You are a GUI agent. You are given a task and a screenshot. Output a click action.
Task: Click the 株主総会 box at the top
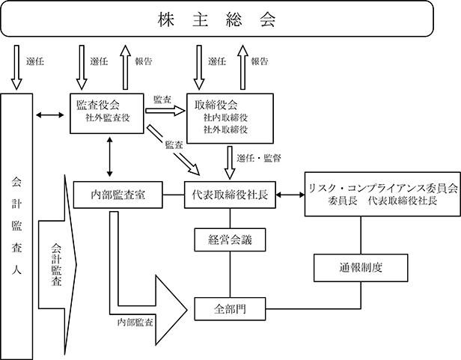coord(217,19)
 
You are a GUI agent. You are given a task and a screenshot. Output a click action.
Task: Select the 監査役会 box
coord(107,113)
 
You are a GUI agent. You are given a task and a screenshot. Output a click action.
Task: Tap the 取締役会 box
coord(230,118)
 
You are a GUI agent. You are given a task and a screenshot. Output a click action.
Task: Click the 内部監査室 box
coord(117,195)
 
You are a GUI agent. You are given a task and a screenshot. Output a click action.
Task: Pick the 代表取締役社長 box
coord(230,195)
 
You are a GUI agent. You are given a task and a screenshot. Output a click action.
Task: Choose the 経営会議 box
coord(230,240)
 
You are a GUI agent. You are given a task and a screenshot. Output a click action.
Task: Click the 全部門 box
coord(230,309)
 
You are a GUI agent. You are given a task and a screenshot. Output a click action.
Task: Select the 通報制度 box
coord(361,268)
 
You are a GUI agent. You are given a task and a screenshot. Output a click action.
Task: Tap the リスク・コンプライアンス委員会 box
coord(382,194)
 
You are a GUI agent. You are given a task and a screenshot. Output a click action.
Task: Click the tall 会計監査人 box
coord(16,227)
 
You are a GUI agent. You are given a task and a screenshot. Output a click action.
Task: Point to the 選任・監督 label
coord(259,159)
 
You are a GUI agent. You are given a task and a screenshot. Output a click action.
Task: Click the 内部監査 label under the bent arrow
coord(135,323)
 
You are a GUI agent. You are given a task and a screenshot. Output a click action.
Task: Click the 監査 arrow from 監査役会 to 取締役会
coord(165,111)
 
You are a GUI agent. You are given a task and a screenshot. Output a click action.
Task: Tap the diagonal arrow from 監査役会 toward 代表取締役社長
coord(174,150)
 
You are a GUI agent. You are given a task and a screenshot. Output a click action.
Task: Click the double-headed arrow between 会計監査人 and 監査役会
coord(49,115)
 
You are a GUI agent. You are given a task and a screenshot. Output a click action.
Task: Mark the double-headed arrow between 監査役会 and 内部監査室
coord(110,156)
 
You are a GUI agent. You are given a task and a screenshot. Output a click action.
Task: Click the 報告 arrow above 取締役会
coord(242,67)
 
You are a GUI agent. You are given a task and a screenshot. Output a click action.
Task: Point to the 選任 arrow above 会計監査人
coord(16,67)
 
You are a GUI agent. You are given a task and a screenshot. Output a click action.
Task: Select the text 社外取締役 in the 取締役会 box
coord(226,129)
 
